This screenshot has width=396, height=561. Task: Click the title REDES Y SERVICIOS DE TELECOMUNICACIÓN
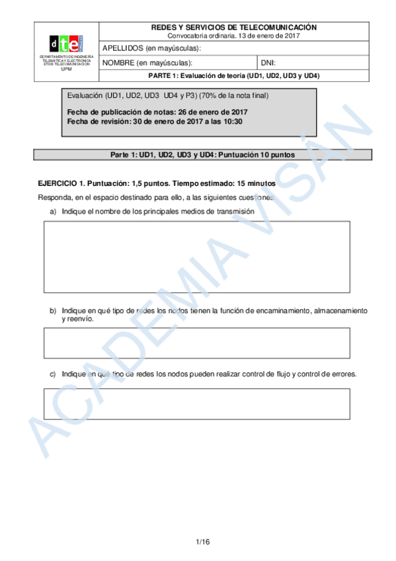[x=233, y=27]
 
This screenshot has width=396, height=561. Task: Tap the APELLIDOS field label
[x=151, y=48]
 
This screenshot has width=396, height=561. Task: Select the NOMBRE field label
[x=146, y=63]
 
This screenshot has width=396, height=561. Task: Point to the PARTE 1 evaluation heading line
[x=233, y=75]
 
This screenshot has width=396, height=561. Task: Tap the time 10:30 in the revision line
[x=232, y=122]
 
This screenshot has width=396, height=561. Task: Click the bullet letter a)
[x=53, y=212]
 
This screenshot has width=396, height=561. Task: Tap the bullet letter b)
[x=53, y=310]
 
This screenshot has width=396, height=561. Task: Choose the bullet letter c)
[x=53, y=374]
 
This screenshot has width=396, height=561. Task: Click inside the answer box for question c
[x=196, y=404]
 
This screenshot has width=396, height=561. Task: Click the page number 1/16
[x=202, y=542]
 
